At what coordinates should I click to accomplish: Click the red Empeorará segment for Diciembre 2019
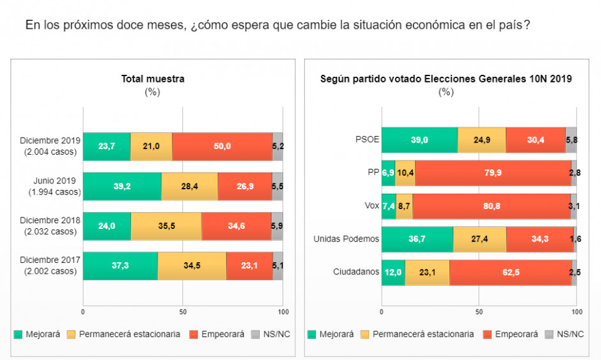222,146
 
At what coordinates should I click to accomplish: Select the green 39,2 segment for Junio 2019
122,186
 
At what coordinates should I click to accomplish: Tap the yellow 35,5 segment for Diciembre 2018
166,226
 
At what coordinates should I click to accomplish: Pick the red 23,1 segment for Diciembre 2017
249,266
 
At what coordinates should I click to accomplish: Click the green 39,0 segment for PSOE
419,140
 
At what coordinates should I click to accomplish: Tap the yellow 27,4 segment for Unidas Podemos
480,239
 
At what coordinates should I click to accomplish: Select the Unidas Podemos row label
346,239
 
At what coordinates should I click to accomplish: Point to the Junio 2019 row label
54,186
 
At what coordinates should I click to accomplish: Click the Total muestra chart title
153,79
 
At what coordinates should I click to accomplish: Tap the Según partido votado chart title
446,79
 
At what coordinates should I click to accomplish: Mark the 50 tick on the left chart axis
183,311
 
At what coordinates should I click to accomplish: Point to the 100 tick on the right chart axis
576,311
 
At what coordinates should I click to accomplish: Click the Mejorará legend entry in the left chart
36,334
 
